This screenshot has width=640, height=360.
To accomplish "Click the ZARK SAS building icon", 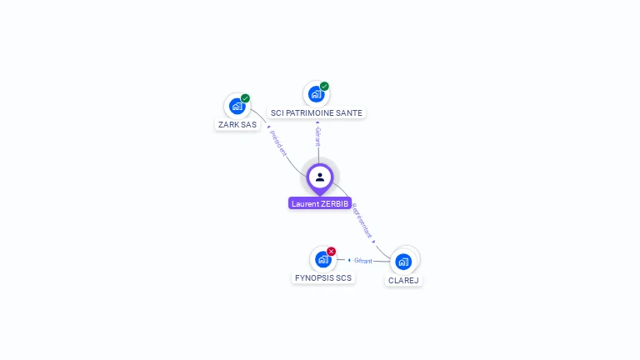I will point(237,107).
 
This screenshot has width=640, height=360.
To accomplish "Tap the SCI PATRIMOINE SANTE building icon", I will point(315,94).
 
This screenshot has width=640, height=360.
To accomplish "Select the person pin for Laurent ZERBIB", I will point(320,177).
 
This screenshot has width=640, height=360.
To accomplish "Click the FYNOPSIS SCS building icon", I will point(322,259).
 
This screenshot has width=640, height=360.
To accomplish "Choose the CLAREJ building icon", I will point(403,262).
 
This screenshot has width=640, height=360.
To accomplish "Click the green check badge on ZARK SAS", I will point(245,98).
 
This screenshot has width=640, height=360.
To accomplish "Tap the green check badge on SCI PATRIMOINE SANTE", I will point(324,86).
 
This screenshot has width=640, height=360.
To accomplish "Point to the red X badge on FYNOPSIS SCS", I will point(331,251).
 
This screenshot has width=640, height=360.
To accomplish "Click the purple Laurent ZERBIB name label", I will point(320,203).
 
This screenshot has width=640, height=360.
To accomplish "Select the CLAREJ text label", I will point(403,281).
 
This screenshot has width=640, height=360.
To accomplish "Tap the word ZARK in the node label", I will point(227,125).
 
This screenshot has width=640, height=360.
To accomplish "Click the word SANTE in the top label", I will point(349,112).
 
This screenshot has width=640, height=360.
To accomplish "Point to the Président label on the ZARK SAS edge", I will point(277,142).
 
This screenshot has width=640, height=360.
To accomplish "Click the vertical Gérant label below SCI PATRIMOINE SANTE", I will point(317,136).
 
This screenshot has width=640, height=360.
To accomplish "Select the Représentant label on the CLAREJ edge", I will point(362,221).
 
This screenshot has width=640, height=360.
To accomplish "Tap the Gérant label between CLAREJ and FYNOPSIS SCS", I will point(363,261).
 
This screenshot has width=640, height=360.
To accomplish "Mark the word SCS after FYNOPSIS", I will point(342,277).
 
